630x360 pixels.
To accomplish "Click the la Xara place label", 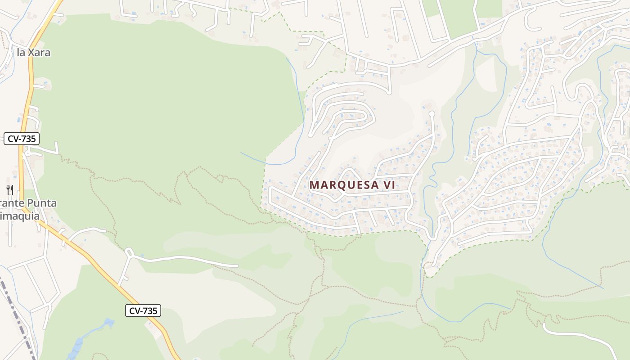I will pyautogui.click(x=33, y=53).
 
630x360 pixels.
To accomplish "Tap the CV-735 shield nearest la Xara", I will pyautogui.click(x=22, y=139).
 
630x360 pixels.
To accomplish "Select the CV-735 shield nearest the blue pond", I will pyautogui.click(x=143, y=310).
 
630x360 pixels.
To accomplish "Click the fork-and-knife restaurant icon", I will pyautogui.click(x=10, y=189).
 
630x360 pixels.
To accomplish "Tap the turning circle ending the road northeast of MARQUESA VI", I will pyautogui.click(x=432, y=113).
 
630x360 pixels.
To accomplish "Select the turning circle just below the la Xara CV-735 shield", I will pyautogui.click(x=27, y=153).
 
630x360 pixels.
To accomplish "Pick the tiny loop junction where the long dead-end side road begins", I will pyautogui.click(x=129, y=252).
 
